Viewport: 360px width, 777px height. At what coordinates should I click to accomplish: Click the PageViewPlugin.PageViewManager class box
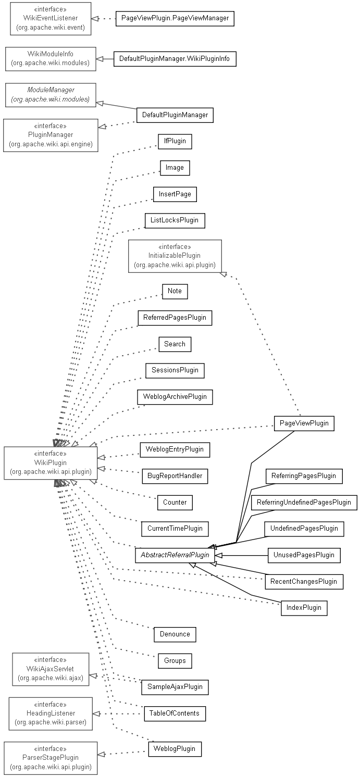click(x=175, y=18)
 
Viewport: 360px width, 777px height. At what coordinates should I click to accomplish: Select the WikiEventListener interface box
click(x=51, y=19)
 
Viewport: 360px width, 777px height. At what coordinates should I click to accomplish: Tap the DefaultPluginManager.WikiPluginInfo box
click(x=175, y=59)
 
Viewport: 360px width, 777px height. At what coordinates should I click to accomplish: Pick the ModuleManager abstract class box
click(x=51, y=95)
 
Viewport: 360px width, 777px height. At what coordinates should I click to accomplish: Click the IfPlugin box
click(x=175, y=141)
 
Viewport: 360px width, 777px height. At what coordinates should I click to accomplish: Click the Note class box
click(x=175, y=291)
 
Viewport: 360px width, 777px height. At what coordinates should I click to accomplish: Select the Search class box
click(x=175, y=344)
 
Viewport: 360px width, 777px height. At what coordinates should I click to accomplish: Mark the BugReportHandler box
click(x=175, y=476)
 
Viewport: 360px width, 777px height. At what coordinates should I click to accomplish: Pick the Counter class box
click(x=175, y=503)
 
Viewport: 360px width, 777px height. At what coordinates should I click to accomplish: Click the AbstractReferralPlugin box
click(x=175, y=555)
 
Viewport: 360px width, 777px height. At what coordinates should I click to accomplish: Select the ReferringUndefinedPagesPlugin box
click(x=304, y=503)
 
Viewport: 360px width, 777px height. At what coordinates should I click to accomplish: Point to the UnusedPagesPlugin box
click(x=304, y=555)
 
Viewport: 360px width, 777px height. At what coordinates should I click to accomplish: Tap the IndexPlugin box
click(x=304, y=608)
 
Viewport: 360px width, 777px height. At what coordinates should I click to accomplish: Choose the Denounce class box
click(x=175, y=634)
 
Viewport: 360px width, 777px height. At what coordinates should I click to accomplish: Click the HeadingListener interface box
click(x=51, y=713)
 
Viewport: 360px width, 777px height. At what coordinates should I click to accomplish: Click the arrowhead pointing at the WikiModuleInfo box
click(x=101, y=59)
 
